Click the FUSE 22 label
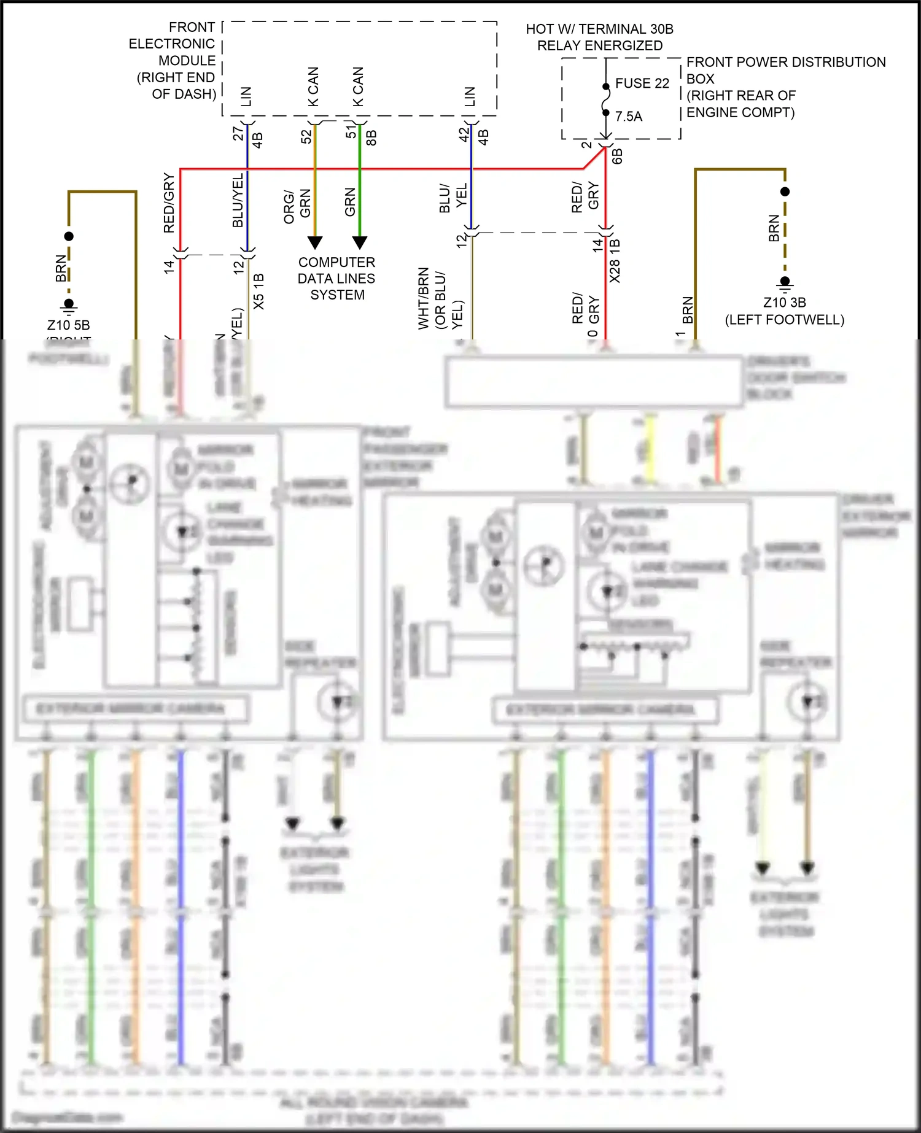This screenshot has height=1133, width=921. (x=642, y=83)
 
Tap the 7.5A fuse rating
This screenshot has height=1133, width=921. (x=629, y=117)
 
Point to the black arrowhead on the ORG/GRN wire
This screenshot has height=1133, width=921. (x=314, y=242)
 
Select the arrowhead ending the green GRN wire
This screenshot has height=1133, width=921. (x=360, y=242)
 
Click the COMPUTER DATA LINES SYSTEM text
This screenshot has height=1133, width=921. (x=336, y=279)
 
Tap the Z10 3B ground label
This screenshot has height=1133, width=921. (x=784, y=303)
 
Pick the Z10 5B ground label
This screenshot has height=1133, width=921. (x=68, y=325)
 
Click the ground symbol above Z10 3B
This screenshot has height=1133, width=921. (x=785, y=283)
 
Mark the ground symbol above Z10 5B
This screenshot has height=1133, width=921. (x=69, y=306)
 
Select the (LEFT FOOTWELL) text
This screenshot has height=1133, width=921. (x=784, y=320)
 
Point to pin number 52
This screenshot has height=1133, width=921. (x=306, y=137)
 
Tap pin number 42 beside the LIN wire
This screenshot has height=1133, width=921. (x=464, y=134)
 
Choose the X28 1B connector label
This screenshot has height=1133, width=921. (x=615, y=261)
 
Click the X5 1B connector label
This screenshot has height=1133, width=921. (x=258, y=292)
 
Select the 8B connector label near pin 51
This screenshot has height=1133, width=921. (x=371, y=138)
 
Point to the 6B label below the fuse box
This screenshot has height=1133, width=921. (x=617, y=157)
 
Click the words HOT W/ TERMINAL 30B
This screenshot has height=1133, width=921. (x=599, y=29)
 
